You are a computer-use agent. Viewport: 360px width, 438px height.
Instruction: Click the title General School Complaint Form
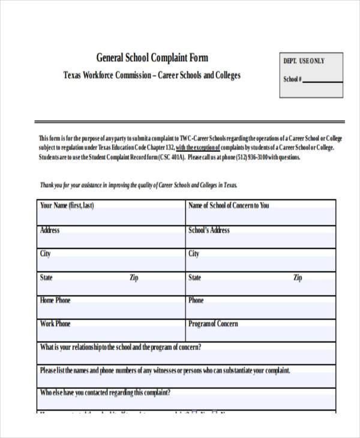[x=152, y=58]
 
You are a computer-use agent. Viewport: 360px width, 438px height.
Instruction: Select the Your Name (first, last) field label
[x=67, y=205]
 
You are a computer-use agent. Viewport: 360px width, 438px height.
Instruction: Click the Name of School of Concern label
[x=229, y=205]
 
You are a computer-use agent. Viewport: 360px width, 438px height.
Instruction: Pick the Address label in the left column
[x=49, y=230]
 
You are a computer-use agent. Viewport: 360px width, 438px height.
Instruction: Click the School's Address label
[x=209, y=230]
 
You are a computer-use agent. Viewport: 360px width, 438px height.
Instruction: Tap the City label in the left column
[x=45, y=254]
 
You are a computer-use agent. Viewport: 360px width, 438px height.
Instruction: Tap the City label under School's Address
[x=194, y=254]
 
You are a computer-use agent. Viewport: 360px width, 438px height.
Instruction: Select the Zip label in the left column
[x=134, y=278]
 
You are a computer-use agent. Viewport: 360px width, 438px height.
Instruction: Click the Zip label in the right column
[x=298, y=278]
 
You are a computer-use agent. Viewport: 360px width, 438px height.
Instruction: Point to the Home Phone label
[x=55, y=300]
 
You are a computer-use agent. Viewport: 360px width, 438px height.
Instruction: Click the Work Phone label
[x=55, y=324]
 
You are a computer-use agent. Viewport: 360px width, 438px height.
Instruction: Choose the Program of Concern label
[x=213, y=324]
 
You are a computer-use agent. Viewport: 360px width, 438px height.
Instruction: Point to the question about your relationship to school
[x=120, y=347]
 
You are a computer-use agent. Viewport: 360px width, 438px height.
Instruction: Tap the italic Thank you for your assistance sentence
[x=142, y=185]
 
